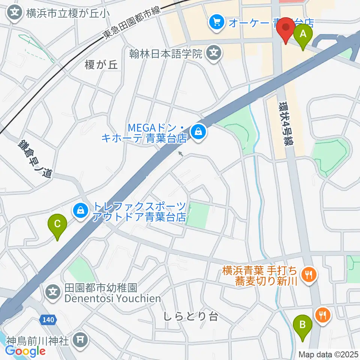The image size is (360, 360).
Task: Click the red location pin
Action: (287, 30)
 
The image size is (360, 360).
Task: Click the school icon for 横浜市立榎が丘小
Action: (15, 13)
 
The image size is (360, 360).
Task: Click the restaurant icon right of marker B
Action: (322, 315)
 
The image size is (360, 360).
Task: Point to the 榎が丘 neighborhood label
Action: (101, 65)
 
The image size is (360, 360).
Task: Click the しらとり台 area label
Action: (190, 316)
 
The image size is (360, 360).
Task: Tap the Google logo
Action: (25, 351)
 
